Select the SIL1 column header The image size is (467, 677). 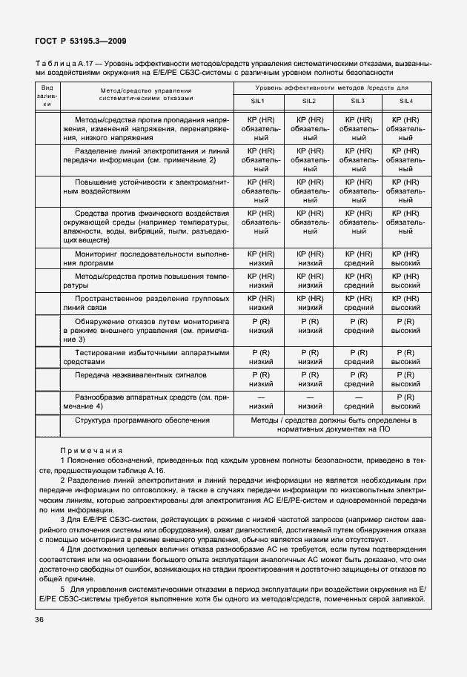click(262, 100)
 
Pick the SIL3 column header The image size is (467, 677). click(358, 100)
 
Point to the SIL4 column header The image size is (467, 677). click(405, 100)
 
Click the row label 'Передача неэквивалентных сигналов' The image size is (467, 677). click(140, 375)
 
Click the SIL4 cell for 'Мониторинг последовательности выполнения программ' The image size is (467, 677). click(405, 258)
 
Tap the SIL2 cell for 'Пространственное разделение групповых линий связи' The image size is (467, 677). click(310, 302)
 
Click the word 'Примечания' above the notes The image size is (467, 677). click(91, 450)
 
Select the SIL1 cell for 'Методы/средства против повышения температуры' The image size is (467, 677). click(262, 280)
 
